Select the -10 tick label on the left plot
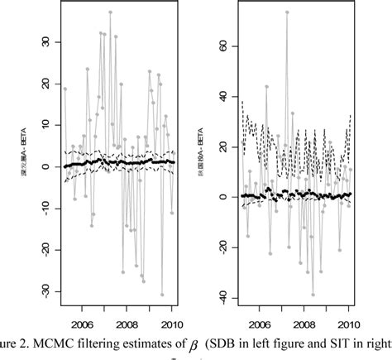pos(46,208)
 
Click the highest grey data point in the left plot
pos(110,12)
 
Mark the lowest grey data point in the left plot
pos(162,295)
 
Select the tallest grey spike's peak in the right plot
pos(287,12)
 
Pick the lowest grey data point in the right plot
pos(313,295)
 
